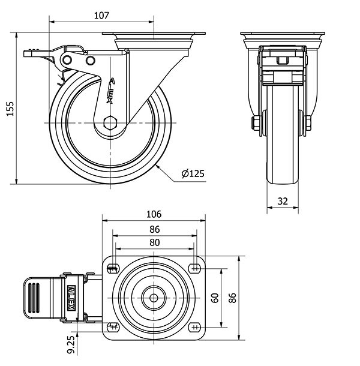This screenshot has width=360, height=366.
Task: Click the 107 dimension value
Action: (101, 16)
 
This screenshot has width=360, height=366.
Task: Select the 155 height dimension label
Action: (10, 109)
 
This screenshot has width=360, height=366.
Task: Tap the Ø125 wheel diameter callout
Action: (193, 173)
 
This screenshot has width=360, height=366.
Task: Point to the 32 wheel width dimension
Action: (283, 201)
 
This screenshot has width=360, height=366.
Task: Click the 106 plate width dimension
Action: (154, 214)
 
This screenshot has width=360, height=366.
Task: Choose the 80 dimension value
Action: (155, 243)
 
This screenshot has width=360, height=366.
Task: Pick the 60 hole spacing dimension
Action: (215, 298)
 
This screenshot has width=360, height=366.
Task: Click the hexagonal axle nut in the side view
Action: (110, 123)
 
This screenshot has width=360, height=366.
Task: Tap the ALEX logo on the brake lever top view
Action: (71, 298)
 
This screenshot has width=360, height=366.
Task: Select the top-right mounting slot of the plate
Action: (196, 269)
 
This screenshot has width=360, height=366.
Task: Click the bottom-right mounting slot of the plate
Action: (196, 328)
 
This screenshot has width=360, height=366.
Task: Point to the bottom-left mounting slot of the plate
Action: (113, 327)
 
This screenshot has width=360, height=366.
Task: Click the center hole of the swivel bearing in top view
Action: (154, 298)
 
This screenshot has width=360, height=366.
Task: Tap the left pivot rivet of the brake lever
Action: (67, 60)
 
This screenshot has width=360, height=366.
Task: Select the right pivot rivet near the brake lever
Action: (90, 61)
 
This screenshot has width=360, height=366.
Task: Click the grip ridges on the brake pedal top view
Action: (34, 298)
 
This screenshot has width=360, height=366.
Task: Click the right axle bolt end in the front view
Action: (308, 123)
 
